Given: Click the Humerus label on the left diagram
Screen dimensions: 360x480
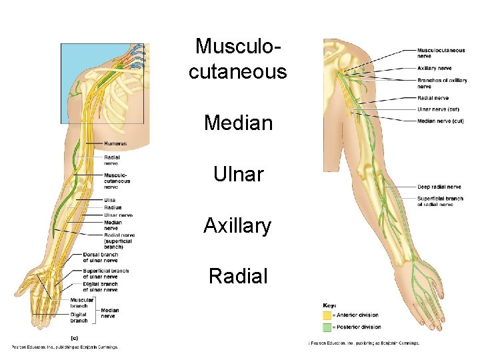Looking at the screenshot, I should point(115,144).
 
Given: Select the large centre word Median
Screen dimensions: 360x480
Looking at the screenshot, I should point(238,123).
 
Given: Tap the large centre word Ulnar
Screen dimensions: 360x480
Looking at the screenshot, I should point(238,175).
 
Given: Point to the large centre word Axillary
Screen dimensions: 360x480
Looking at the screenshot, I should point(237,227).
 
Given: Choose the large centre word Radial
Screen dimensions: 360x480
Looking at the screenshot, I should point(237,276).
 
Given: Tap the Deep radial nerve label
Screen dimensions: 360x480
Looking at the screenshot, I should point(439,187).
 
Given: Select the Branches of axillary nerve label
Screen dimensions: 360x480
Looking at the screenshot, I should point(442,83).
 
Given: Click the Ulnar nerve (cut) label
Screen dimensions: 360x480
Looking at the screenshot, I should point(438,109).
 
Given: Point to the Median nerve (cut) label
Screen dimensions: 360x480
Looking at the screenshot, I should point(440,121).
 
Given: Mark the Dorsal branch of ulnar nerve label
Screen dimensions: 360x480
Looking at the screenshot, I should point(100,257).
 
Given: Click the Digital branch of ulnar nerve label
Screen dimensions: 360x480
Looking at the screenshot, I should point(100,287).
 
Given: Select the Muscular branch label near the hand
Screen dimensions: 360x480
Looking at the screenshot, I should point(83,303).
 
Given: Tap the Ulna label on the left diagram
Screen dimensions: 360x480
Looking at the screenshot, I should point(109,200).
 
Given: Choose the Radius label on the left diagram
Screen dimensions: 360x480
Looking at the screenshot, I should point(113,207).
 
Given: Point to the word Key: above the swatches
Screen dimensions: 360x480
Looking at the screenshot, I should point(329,305).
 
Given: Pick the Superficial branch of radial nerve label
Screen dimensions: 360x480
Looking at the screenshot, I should point(440,201).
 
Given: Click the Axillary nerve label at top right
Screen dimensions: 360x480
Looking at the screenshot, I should point(435,68).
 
